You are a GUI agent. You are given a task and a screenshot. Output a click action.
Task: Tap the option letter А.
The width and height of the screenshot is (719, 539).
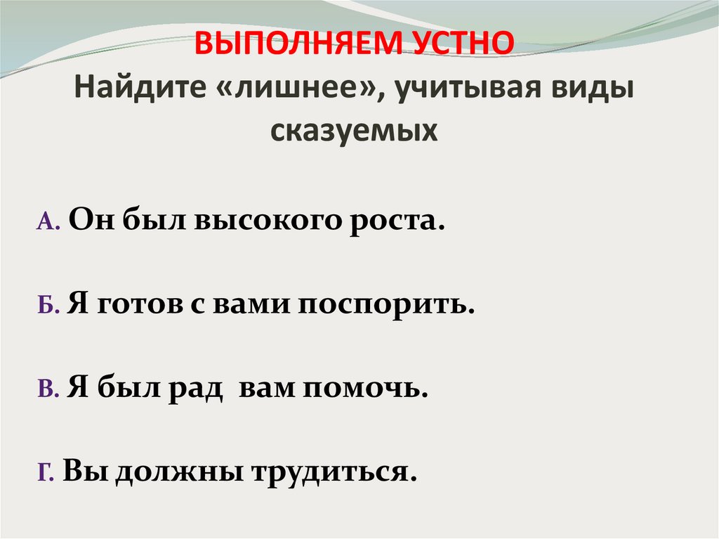click(44, 223)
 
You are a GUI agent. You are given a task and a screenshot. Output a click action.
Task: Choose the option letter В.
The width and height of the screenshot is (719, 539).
click(44, 391)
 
